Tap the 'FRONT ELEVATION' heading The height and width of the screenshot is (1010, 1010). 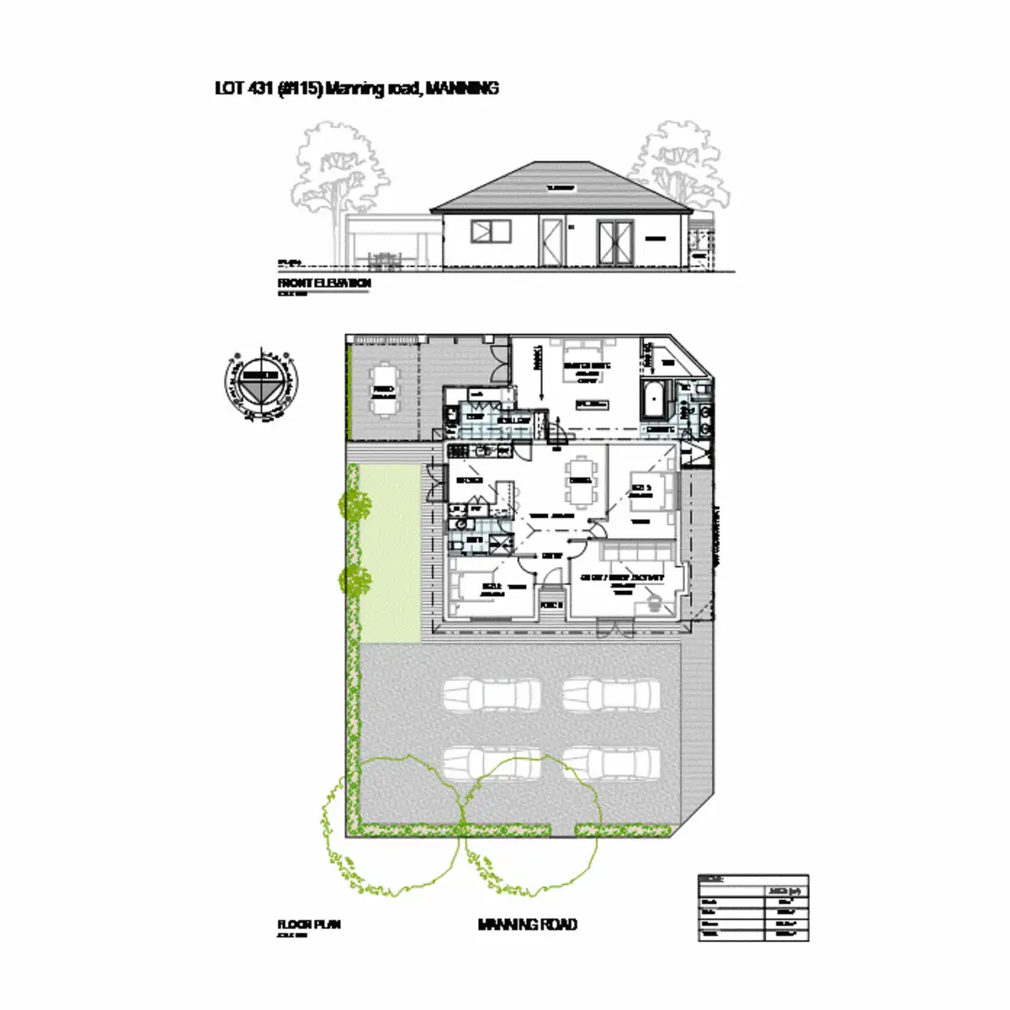pos(324,284)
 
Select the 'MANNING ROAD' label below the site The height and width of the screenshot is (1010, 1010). pos(527,925)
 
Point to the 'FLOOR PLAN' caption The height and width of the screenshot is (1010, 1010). pos(309,925)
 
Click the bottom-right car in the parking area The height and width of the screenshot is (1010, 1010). pos(611,764)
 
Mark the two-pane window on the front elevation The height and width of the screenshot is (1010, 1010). pos(492,231)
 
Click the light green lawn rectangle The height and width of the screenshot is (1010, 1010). pos(390,551)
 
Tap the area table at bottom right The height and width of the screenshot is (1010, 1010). pos(753,907)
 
